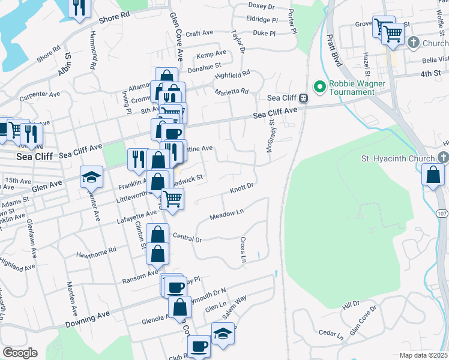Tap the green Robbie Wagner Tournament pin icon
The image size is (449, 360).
[319, 88]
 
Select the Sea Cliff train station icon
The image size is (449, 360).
[304, 98]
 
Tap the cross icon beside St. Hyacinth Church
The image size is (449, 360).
[443, 158]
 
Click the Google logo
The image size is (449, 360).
[19, 353]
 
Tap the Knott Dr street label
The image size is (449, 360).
[243, 190]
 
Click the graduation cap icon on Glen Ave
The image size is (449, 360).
[92, 176]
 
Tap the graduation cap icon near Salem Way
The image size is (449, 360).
[223, 333]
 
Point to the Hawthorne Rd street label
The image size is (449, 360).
[95, 253]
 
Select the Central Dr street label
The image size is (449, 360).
[187, 238]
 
